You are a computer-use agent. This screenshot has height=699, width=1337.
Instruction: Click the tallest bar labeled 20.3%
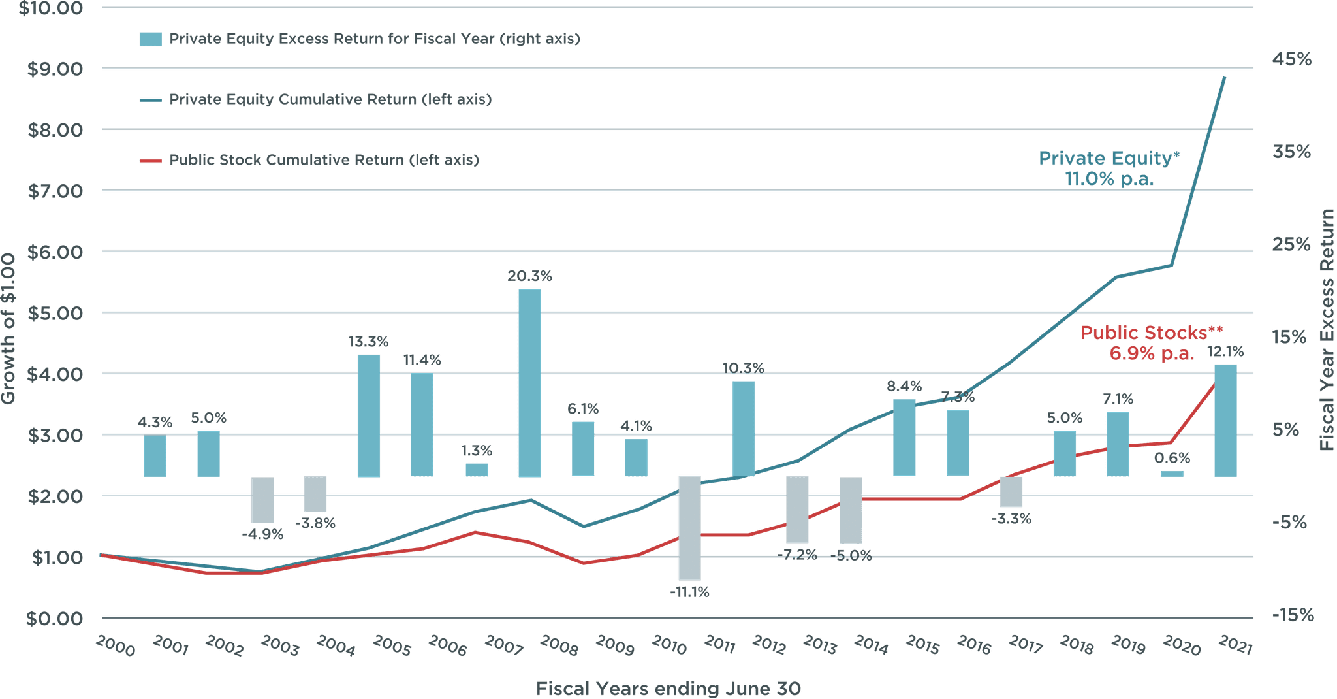(x=529, y=383)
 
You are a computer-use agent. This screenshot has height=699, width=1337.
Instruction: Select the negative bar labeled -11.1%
(x=689, y=528)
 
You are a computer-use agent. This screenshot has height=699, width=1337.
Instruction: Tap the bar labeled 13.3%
(x=369, y=416)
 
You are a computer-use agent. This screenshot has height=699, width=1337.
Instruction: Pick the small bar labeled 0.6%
(x=1172, y=473)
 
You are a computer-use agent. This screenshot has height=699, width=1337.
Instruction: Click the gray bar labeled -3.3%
(x=1011, y=492)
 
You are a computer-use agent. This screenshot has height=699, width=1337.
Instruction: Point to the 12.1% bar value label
(x=1225, y=351)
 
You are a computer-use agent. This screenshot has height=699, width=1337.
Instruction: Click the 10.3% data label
(x=743, y=368)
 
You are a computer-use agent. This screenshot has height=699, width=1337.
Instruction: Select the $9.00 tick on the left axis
(x=55, y=69)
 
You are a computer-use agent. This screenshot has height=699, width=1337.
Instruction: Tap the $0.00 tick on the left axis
(x=55, y=618)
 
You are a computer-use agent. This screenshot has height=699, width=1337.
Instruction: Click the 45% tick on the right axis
(x=1291, y=59)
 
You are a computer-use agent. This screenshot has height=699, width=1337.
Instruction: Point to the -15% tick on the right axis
(x=1291, y=615)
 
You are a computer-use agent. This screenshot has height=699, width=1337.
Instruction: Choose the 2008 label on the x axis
(x=559, y=646)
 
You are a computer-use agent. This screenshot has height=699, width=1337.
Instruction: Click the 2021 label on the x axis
(x=1235, y=646)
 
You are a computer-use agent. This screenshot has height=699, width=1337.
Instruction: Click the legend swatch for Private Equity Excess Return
(x=150, y=39)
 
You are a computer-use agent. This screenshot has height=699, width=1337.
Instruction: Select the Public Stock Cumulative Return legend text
(x=324, y=160)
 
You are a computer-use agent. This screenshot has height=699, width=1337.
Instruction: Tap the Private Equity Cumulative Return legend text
(x=330, y=99)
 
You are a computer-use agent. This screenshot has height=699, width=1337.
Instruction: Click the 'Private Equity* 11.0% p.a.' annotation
(x=1110, y=169)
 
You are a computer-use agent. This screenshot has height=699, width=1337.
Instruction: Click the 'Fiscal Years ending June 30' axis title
(x=668, y=689)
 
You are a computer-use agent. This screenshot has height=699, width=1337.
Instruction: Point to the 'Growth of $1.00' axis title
(x=8, y=329)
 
